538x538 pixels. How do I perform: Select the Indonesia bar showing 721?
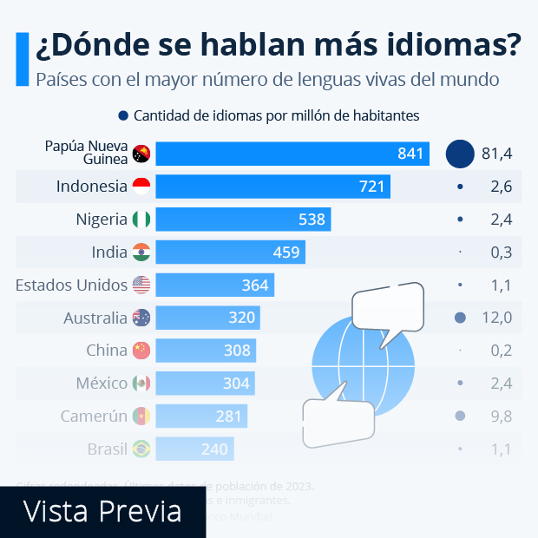[x=273, y=187]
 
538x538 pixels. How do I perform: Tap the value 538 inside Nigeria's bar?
[x=312, y=220]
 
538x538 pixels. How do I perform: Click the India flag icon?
[x=141, y=253]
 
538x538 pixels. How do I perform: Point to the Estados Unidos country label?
[x=71, y=285]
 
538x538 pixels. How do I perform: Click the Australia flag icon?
[x=141, y=318]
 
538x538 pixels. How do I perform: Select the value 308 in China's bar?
[x=236, y=351]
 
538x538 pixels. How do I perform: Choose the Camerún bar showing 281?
[x=201, y=417]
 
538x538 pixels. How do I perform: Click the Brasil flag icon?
[x=141, y=449]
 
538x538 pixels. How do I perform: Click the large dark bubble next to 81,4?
[x=460, y=154]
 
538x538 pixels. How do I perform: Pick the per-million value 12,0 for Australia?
[x=496, y=318]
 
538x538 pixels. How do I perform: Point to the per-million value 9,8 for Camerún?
[x=501, y=417]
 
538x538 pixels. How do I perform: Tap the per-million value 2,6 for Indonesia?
[x=501, y=187]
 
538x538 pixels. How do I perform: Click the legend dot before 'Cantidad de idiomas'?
[x=123, y=115]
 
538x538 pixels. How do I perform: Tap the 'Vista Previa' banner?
[x=102, y=510]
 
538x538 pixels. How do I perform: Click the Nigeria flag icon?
[x=141, y=220]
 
